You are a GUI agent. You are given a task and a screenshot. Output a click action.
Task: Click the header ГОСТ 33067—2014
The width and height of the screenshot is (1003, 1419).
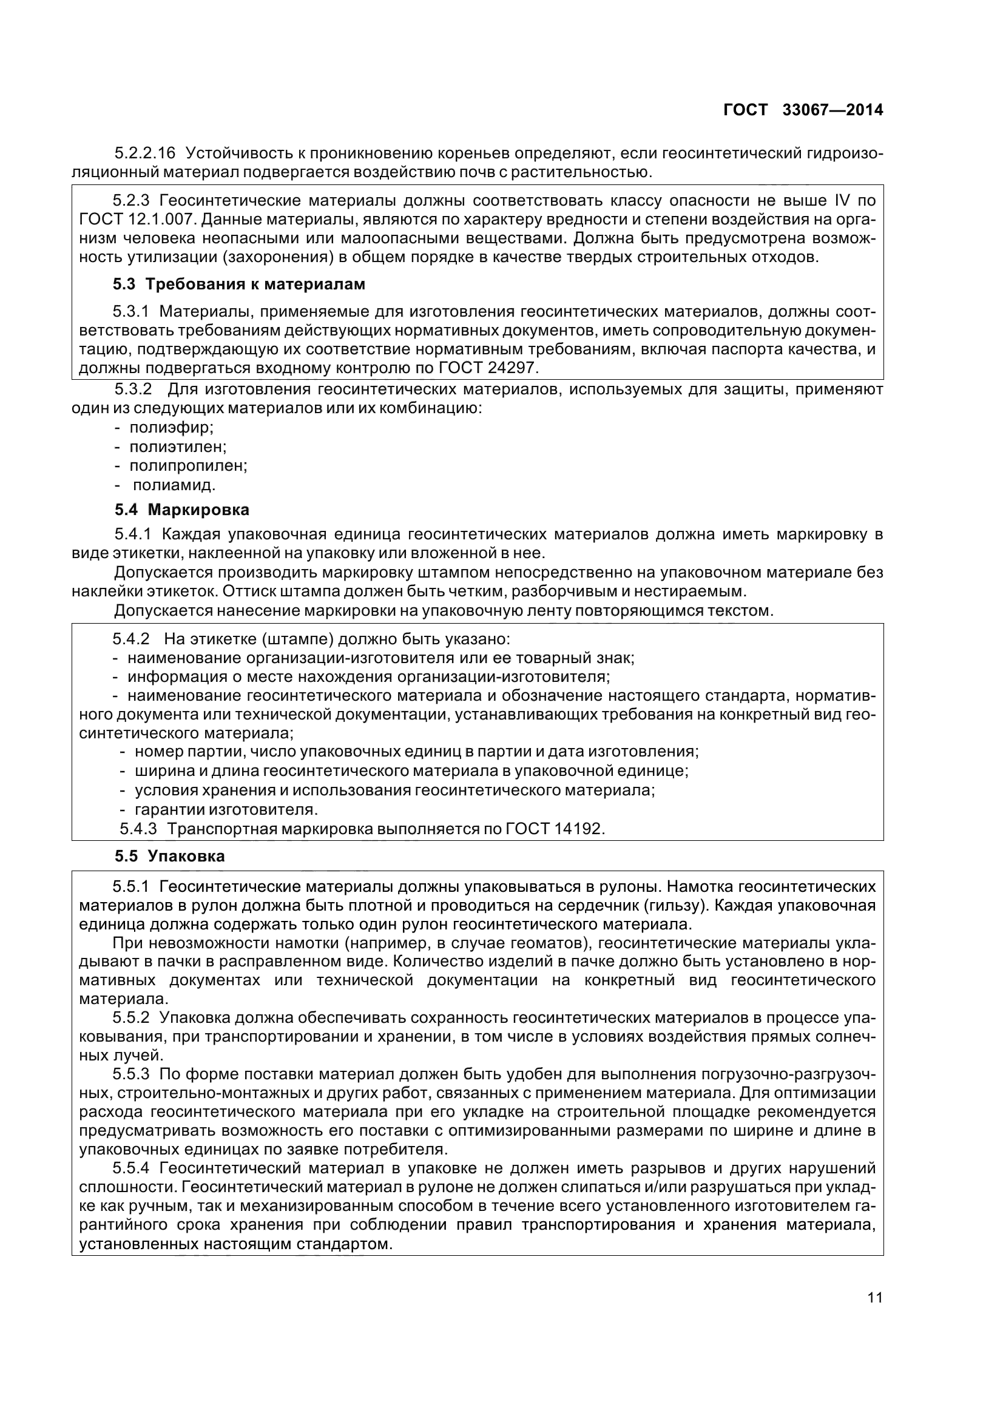[803, 110]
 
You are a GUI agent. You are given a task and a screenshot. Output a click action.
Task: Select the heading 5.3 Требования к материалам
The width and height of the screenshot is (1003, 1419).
[238, 285]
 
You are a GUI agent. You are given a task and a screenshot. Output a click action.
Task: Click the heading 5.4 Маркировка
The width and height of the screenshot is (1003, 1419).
[181, 510]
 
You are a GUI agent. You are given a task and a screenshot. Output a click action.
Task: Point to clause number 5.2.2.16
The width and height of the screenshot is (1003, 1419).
[145, 153]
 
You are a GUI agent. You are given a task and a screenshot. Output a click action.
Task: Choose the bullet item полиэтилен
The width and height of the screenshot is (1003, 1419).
[178, 447]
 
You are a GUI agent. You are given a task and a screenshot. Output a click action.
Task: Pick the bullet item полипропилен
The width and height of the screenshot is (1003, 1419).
[188, 465]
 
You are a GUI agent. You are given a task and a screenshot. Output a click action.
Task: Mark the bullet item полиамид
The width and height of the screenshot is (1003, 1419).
[174, 485]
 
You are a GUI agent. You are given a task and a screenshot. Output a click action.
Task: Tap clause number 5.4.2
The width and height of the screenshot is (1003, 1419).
[131, 638]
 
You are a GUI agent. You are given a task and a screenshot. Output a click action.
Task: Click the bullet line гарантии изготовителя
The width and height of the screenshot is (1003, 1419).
[226, 810]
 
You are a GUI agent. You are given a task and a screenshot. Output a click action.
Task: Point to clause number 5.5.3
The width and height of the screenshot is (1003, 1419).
[131, 1074]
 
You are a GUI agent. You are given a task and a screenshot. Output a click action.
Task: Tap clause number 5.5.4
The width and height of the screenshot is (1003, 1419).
[131, 1168]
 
